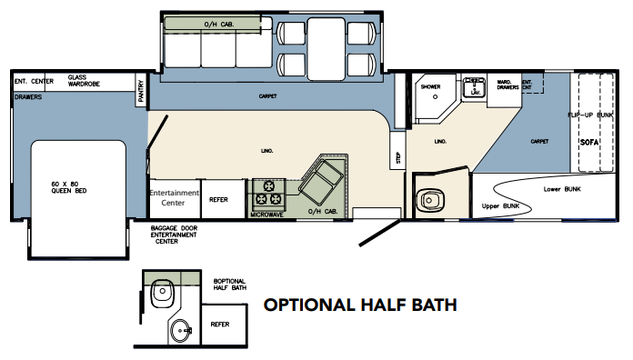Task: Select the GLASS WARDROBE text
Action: (x=84, y=82)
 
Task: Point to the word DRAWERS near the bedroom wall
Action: (x=25, y=94)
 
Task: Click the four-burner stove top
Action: (x=270, y=193)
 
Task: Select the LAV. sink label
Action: (x=474, y=93)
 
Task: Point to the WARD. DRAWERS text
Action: (x=507, y=85)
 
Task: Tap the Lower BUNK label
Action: (x=562, y=189)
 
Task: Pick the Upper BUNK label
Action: (x=500, y=207)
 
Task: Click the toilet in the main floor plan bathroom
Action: (x=427, y=199)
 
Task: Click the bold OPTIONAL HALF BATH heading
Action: (x=359, y=305)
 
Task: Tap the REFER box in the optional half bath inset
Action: (x=220, y=324)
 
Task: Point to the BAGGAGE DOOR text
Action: (x=177, y=228)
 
